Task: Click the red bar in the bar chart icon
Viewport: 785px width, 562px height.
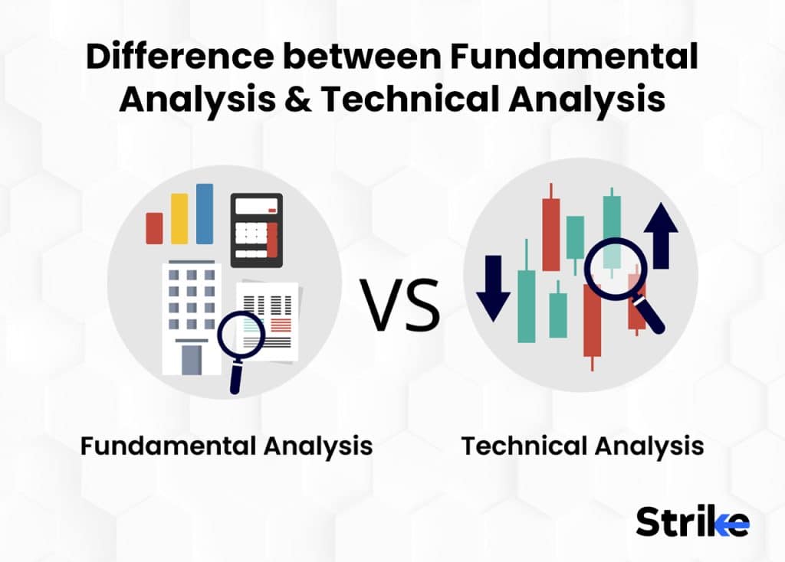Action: click(154, 228)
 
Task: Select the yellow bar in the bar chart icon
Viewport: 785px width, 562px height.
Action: click(179, 218)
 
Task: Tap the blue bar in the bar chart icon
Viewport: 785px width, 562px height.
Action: click(205, 214)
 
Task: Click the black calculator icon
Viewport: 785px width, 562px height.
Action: click(257, 230)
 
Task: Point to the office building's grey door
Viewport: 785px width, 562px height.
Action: click(191, 359)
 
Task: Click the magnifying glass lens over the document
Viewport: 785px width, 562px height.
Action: click(241, 335)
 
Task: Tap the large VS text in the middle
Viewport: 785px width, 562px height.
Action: click(401, 305)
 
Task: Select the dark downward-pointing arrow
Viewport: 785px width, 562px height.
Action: click(493, 286)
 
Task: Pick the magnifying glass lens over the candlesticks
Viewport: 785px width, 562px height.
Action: click(616, 268)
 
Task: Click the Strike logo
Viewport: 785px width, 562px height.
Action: click(692, 521)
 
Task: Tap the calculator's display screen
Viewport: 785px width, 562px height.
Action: click(257, 207)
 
